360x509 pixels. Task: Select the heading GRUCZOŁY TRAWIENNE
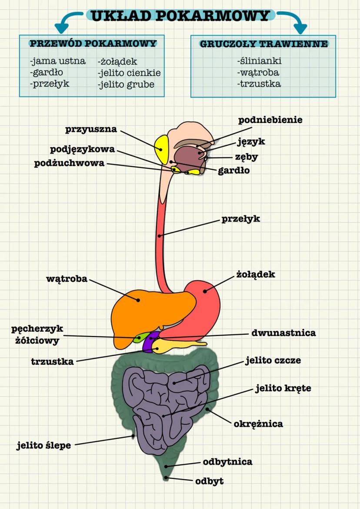[x=263, y=44]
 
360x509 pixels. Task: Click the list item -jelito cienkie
[x=129, y=73]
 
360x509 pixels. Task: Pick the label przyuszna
[x=91, y=129]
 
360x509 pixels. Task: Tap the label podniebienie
[x=270, y=120]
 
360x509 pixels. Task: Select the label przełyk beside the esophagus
[x=240, y=219]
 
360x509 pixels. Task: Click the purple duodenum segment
[x=150, y=343]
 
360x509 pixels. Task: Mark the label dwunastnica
[x=283, y=333]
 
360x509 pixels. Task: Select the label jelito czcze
[x=273, y=360]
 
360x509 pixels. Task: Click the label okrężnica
[x=258, y=423]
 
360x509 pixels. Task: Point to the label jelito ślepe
[x=43, y=445]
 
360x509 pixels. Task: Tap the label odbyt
[x=209, y=481]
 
